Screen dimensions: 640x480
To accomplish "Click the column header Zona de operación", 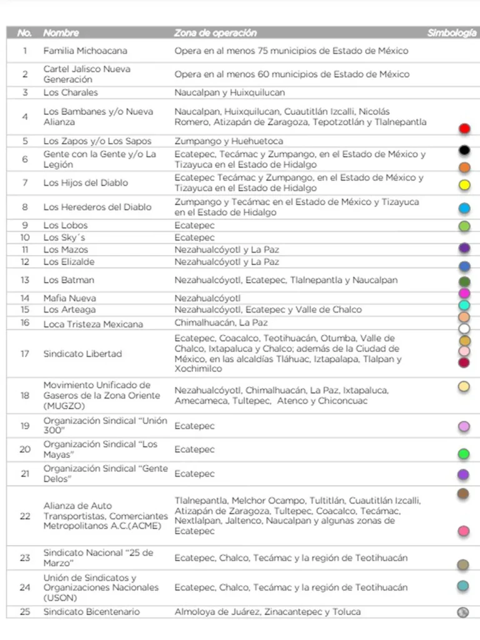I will click(215, 33).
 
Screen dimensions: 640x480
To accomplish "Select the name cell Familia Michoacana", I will click(82, 51).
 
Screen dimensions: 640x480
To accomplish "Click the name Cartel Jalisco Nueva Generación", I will click(87, 74).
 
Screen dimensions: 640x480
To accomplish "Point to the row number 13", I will click(25, 280).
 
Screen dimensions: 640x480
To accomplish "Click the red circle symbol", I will click(464, 129).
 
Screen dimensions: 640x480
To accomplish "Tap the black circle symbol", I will click(464, 150).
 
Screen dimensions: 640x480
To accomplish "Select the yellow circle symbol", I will click(464, 185).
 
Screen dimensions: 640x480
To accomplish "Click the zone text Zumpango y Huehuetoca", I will click(229, 141).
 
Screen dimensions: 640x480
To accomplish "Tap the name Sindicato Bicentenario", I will click(91, 611).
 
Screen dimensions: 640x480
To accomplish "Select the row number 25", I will click(25, 611).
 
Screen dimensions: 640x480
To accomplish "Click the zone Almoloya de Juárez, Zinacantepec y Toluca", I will click(267, 611).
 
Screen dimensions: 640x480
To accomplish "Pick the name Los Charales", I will click(71, 92).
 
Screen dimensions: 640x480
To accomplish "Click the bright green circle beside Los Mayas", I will click(464, 454).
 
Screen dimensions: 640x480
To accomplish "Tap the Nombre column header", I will click(61, 33).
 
